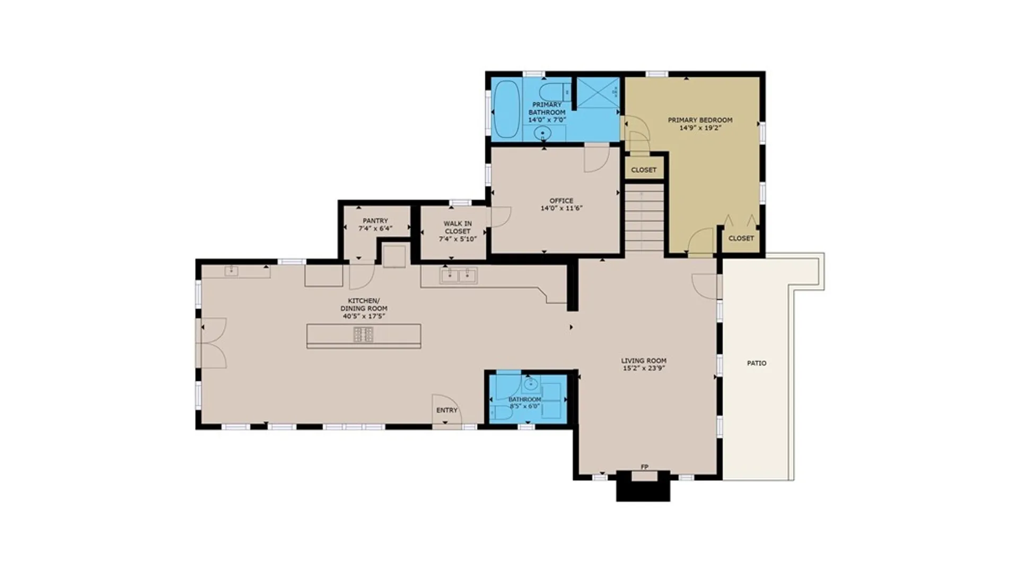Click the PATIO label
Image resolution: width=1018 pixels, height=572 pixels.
coord(757,363)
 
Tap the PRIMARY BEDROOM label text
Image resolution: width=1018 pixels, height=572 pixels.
coord(700,120)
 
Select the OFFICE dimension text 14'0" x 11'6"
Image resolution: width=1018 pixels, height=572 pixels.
coord(561,208)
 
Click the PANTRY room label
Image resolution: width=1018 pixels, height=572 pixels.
coord(375,221)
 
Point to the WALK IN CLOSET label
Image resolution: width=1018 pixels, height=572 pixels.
coord(458,227)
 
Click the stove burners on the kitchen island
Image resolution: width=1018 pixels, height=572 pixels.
coord(364,335)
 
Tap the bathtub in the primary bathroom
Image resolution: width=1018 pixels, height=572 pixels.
coord(507,110)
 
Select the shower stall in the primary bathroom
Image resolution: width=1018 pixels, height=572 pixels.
coord(598,93)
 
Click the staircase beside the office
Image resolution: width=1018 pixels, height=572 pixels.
coord(644,218)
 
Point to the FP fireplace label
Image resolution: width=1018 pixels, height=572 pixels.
coord(645,467)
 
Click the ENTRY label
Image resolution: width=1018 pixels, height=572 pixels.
coord(447,410)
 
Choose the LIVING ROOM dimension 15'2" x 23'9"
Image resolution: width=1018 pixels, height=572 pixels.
coord(644,368)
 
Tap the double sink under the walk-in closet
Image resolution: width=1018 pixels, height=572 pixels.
coord(459,275)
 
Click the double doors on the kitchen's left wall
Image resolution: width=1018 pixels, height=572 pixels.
coord(212,343)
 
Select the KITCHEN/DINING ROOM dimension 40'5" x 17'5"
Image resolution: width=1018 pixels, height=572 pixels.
coord(364,316)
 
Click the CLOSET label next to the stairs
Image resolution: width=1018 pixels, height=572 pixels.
coord(644,170)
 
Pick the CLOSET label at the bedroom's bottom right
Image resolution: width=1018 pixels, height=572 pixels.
coord(741,238)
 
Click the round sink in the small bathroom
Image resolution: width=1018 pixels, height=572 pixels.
coord(530,383)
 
